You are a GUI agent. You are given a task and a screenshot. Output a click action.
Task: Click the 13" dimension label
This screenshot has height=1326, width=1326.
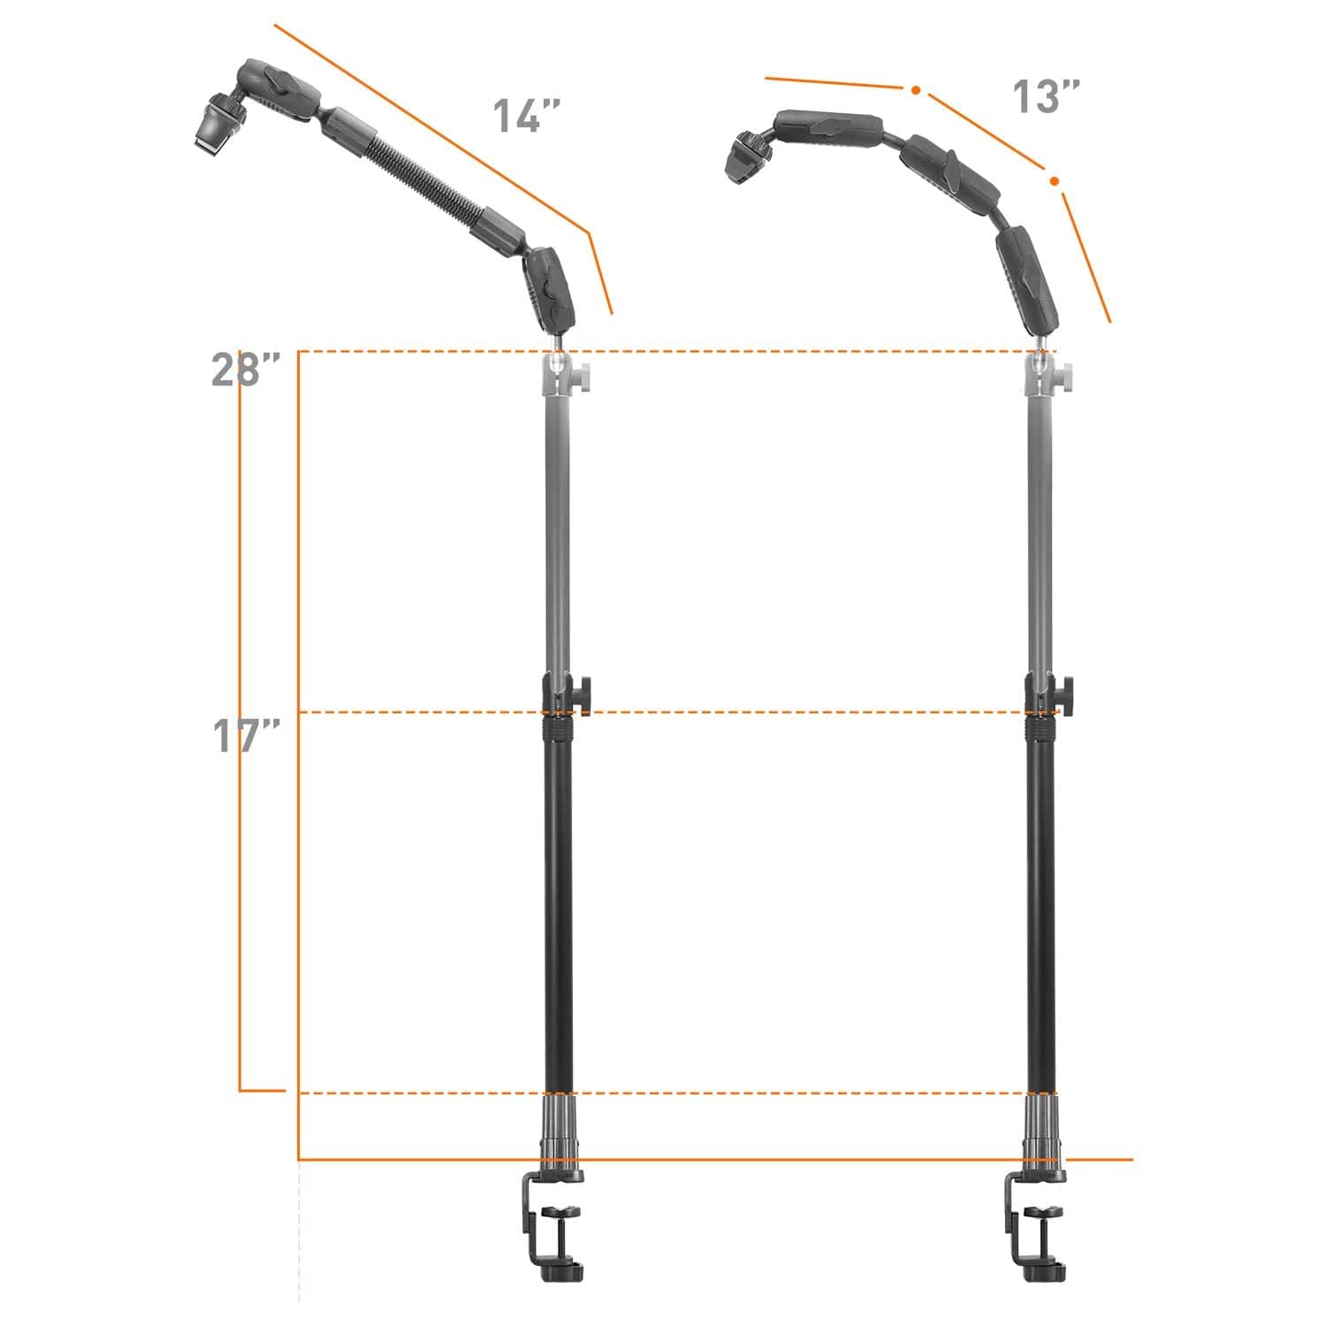click(x=1046, y=96)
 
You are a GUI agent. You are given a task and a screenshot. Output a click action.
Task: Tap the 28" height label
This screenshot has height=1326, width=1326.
click(x=246, y=369)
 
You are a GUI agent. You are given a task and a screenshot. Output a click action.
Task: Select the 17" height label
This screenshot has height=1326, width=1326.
click(x=246, y=735)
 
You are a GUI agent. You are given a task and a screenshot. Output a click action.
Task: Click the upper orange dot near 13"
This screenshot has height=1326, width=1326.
click(x=916, y=90)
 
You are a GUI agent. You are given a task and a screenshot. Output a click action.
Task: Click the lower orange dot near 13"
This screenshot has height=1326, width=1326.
click(x=1054, y=181)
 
